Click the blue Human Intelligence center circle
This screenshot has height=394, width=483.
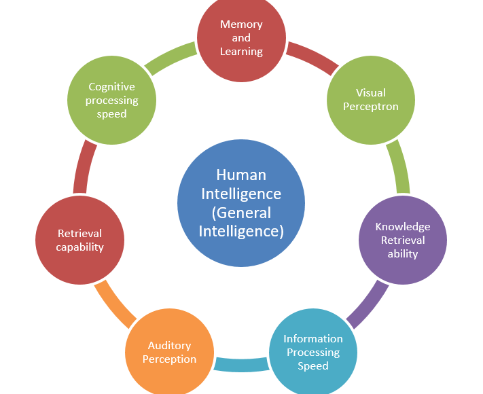(241, 202)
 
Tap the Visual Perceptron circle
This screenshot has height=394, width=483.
(370, 100)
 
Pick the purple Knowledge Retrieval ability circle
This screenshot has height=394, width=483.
(403, 240)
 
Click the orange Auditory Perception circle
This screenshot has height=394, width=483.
(169, 352)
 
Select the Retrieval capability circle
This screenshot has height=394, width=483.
(79, 240)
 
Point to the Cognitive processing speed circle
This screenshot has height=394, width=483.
(112, 100)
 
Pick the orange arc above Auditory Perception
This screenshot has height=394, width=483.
(115, 303)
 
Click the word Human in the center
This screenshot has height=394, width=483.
(241, 175)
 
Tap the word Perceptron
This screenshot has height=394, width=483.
(370, 107)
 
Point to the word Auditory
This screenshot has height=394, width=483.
(169, 345)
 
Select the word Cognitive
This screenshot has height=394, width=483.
(112, 87)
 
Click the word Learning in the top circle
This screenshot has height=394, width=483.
(241, 51)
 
